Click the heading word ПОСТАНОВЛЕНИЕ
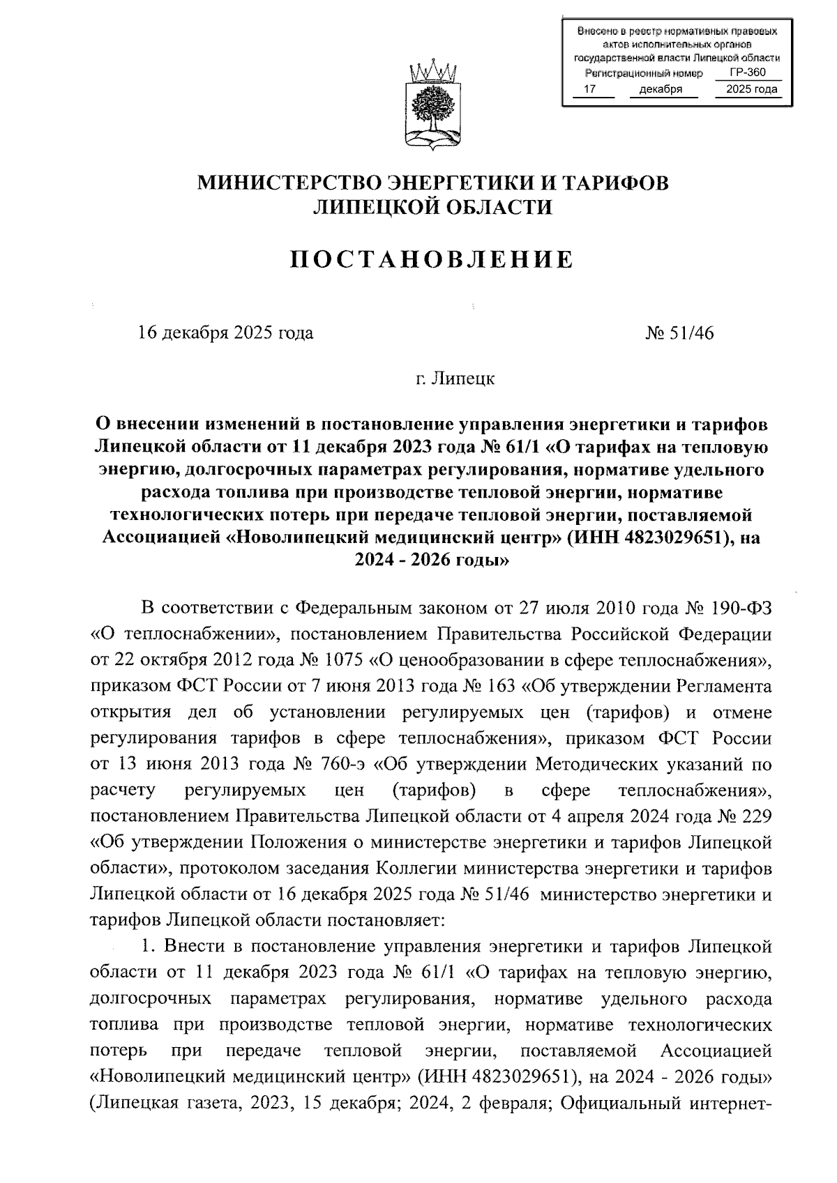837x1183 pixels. pos(432,260)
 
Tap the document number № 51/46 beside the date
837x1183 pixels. pos(680,333)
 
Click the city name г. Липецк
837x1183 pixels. pos(453,379)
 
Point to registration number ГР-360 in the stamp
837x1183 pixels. pos(747,72)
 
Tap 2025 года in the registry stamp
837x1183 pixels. pos(751,89)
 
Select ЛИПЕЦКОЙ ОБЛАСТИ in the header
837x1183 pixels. pos(432,207)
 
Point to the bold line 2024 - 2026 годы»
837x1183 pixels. pos(432,560)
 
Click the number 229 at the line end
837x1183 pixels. pos(757,817)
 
